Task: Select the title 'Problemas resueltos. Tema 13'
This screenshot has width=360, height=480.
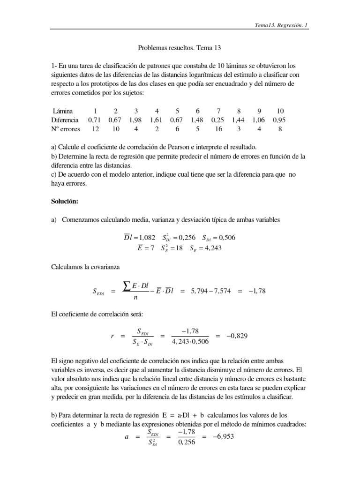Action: [180, 48]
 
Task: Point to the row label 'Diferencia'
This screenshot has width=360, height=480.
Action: [65, 120]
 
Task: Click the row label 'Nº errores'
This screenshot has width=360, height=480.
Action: [66, 129]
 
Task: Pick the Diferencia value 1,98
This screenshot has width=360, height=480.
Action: [135, 120]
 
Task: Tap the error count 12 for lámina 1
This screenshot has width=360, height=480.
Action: [95, 129]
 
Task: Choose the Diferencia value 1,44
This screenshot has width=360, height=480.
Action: [239, 120]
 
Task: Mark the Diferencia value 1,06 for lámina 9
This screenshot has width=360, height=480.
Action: [260, 120]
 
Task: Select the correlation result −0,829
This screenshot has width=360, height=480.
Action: [234, 336]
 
